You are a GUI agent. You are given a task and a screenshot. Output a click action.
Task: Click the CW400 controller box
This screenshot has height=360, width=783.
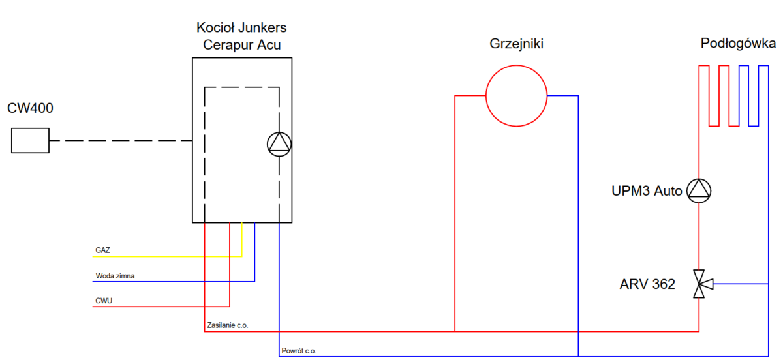pyautogui.click(x=30, y=140)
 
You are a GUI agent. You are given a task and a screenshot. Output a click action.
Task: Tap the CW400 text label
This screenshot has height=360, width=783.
pyautogui.click(x=30, y=108)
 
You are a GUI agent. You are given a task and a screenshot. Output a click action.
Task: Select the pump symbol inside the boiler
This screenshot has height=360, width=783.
pyautogui.click(x=279, y=144)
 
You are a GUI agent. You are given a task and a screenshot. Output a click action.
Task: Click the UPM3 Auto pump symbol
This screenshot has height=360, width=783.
pyautogui.click(x=699, y=190)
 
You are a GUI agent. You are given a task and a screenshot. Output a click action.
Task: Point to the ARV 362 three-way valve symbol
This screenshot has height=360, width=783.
pyautogui.click(x=700, y=284)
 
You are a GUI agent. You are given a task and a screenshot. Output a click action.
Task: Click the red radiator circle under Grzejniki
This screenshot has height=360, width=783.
pyautogui.click(x=516, y=96)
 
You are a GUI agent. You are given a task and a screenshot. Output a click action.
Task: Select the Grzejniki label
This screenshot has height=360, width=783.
pyautogui.click(x=516, y=44)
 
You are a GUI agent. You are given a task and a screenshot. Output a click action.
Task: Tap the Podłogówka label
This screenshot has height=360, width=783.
pyautogui.click(x=738, y=44)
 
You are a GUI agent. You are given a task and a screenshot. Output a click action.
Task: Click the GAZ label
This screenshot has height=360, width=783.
pyautogui.click(x=102, y=250)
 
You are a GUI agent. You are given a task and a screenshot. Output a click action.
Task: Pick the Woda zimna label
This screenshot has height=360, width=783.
pyautogui.click(x=115, y=276)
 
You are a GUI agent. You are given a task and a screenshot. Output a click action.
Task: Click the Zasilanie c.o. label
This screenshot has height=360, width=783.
pyautogui.click(x=227, y=325)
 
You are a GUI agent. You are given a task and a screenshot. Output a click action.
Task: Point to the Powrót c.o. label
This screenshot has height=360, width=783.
pyautogui.click(x=299, y=351)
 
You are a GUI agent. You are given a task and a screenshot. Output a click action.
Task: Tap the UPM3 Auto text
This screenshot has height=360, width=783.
pyautogui.click(x=647, y=191)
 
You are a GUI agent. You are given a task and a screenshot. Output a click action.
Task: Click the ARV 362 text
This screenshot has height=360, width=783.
pyautogui.click(x=647, y=285)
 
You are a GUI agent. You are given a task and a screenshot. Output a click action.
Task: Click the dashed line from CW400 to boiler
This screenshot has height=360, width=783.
pyautogui.click(x=121, y=140)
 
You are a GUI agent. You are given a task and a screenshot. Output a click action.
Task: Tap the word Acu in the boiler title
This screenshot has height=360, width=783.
pyautogui.click(x=269, y=45)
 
